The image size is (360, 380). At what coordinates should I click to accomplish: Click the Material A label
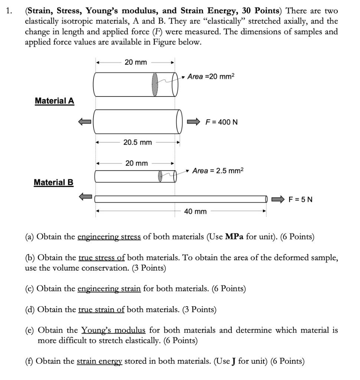[x=55, y=101]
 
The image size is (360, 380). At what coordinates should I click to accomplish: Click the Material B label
[x=54, y=183]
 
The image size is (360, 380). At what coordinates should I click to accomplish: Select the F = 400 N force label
[x=222, y=122]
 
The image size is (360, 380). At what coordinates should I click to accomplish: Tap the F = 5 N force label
[x=301, y=200]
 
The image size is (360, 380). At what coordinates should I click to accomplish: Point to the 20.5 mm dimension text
[x=138, y=142]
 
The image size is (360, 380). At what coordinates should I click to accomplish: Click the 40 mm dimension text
[x=195, y=212]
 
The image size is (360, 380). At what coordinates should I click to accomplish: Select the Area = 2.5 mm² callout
[x=218, y=171]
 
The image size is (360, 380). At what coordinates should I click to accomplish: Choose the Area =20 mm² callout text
[x=211, y=77]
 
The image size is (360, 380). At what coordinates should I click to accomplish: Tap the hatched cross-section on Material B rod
[x=160, y=176]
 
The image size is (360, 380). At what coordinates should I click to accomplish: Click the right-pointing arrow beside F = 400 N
[x=193, y=122]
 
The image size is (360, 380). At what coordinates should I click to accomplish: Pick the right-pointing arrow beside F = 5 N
[x=278, y=199]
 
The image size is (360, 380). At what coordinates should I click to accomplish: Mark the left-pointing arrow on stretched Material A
[x=84, y=121]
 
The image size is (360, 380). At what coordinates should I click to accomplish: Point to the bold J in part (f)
[x=234, y=361]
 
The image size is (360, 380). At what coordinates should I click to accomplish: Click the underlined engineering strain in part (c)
[x=109, y=288]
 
